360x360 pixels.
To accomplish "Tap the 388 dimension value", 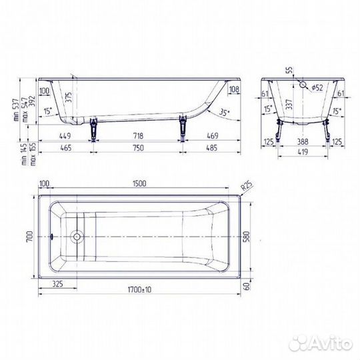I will pyautogui.click(x=303, y=142).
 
